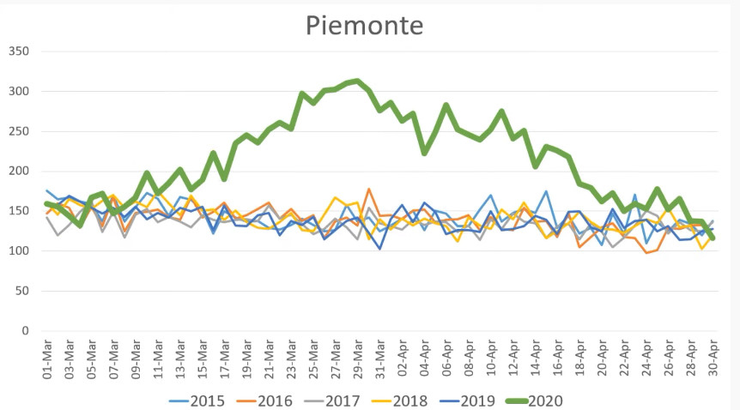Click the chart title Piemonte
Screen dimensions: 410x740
[364, 26]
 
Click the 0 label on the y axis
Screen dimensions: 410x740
[25, 331]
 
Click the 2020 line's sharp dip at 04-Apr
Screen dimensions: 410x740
[424, 153]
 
